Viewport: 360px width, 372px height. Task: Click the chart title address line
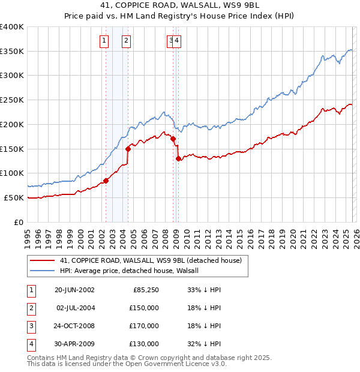180,6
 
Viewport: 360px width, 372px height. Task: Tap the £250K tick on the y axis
12,100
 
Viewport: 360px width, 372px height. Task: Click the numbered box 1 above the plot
104,41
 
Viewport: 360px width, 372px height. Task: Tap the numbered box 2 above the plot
127,41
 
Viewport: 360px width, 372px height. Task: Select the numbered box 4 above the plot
178,41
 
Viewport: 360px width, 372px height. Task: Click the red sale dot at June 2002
106,180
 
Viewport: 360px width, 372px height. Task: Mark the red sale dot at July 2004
128,148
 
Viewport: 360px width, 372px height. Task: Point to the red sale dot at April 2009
179,158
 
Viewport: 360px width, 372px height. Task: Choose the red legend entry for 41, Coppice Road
150,260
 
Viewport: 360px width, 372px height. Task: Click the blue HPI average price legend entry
133,271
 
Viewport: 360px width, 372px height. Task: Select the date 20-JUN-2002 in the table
74,290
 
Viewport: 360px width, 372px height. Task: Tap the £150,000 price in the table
144,308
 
